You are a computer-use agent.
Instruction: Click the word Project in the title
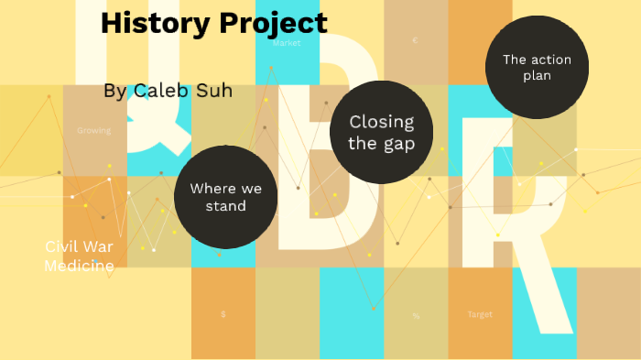pos(273,25)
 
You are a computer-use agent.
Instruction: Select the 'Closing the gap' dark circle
pos(381,132)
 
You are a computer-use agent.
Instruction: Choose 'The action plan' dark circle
pos(536,67)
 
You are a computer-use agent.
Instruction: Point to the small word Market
pos(287,43)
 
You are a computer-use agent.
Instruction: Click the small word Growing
pos(94,131)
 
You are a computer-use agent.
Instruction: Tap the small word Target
pos(480,314)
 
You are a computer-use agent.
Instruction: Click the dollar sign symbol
pos(223,314)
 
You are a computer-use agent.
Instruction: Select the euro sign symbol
pos(415,41)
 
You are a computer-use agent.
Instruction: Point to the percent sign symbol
pos(416,316)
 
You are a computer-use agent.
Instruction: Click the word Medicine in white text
pos(80,266)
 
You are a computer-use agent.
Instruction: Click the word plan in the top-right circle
pos(537,76)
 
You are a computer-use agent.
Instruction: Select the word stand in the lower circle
pos(225,206)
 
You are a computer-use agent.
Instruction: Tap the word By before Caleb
pos(115,92)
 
